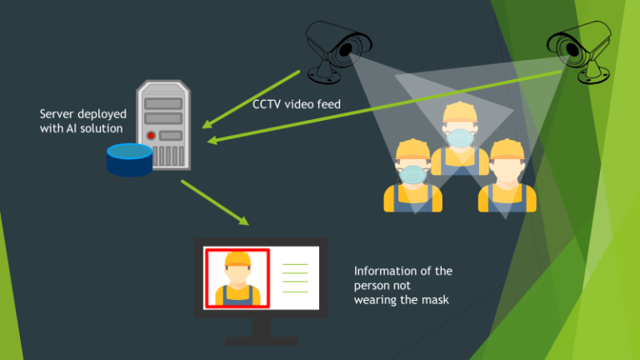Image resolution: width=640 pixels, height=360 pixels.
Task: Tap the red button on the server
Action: pyautogui.click(x=151, y=135)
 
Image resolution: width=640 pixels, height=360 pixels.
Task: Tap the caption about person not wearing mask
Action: pyautogui.click(x=402, y=285)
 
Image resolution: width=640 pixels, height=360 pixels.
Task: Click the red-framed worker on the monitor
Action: pyautogui.click(x=237, y=278)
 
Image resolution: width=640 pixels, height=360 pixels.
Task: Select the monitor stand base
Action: pyautogui.click(x=261, y=340)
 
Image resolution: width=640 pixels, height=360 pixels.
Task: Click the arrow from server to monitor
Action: pyautogui.click(x=214, y=202)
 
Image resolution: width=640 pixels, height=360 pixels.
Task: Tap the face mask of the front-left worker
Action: pyautogui.click(x=412, y=173)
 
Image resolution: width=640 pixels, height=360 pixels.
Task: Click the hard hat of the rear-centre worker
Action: pyautogui.click(x=459, y=112)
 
